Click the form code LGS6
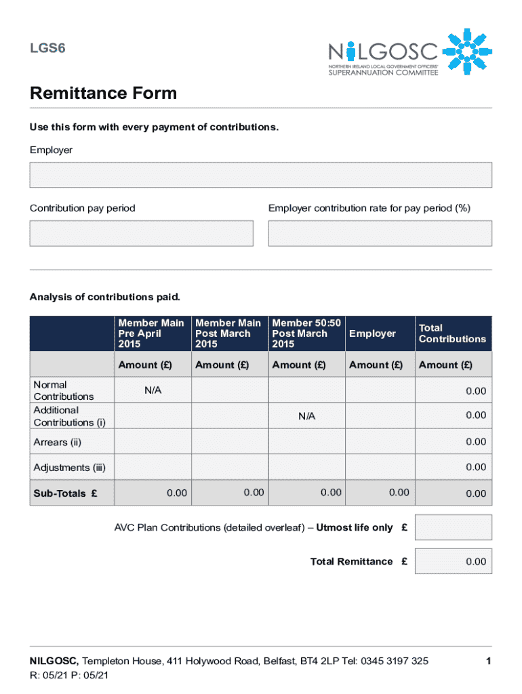(x=47, y=48)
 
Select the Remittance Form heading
(x=103, y=93)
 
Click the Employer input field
(x=260, y=175)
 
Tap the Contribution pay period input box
(x=141, y=233)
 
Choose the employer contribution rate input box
(x=380, y=233)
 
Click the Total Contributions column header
(x=452, y=333)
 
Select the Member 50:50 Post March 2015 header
(x=306, y=333)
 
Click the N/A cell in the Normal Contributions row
(x=153, y=391)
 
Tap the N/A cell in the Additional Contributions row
(x=306, y=416)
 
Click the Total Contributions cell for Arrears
(x=453, y=442)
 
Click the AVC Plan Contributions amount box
(x=453, y=528)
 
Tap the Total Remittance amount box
(x=453, y=561)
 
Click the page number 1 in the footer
(x=487, y=661)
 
